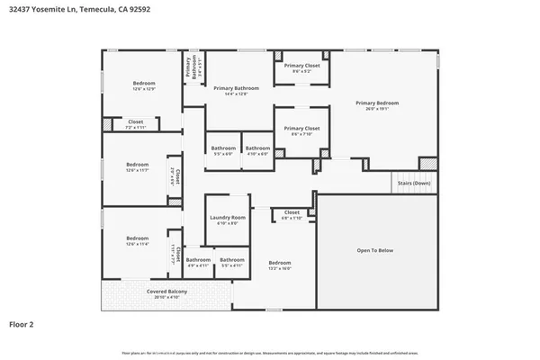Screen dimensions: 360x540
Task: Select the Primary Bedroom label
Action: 375,103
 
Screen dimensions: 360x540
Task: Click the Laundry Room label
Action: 227,218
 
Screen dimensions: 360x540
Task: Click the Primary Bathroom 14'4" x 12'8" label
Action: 236,88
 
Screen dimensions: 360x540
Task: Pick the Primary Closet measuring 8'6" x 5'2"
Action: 301,66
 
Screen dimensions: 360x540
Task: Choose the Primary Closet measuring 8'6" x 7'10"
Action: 301,129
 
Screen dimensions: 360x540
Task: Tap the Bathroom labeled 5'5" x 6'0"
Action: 222,148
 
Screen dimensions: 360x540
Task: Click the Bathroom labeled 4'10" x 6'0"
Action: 257,148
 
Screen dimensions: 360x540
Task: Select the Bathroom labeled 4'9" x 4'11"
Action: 198,260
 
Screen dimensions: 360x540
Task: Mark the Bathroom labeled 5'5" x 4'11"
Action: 231,260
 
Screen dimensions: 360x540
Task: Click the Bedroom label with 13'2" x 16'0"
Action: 280,263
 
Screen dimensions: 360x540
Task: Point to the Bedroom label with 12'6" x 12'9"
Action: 137,84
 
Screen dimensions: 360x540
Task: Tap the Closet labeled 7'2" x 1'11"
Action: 136,122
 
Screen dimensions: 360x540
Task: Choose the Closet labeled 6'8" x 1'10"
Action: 292,213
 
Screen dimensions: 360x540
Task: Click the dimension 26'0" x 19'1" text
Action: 375,110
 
